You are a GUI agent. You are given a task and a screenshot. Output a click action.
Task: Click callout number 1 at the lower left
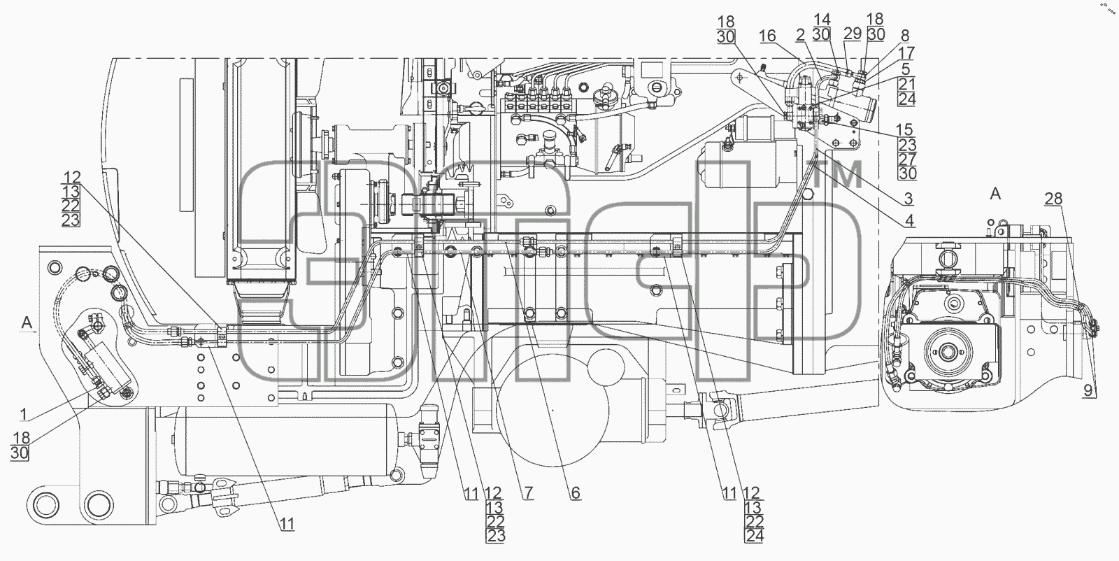pos(24,415)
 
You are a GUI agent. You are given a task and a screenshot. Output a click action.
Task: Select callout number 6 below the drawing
pos(576,493)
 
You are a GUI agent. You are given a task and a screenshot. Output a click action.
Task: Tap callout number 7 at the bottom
pos(528,493)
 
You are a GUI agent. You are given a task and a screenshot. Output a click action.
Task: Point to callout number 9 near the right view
pos(1088,390)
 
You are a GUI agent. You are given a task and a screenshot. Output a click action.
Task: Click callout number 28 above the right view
pos(1053,199)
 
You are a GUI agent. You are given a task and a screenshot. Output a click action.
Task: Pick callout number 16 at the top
pos(767,36)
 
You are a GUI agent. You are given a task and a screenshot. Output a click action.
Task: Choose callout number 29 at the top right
pos(853,34)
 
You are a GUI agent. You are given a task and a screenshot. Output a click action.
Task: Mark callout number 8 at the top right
pos(905,36)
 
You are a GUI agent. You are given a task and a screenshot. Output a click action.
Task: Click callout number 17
pos(906,52)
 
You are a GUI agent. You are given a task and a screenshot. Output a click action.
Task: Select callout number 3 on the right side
pos(908,199)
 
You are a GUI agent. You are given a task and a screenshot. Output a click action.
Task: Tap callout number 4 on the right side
pos(909,220)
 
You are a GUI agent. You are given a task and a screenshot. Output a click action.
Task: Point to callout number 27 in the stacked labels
pos(907,159)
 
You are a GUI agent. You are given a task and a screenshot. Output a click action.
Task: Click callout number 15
pos(904,130)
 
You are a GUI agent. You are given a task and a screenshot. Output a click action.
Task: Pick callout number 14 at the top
pos(822,20)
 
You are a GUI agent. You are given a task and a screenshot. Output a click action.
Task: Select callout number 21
pos(906,85)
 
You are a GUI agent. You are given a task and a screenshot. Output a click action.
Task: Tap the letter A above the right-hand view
pos(995,194)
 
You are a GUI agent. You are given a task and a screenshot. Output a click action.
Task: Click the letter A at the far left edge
pos(27,323)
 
